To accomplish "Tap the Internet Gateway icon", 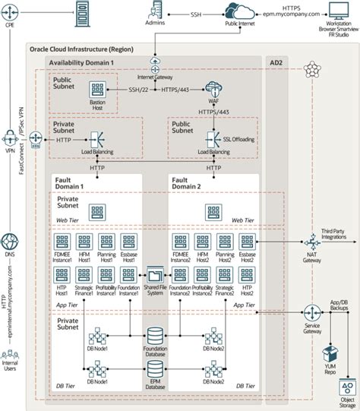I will pyautogui.click(x=155, y=63).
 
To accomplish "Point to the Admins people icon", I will pyautogui.click(x=155, y=11).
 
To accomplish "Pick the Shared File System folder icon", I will pyautogui.click(x=156, y=274).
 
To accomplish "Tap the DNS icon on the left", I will pyautogui.click(x=11, y=242).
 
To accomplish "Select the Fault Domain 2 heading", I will pyautogui.click(x=187, y=182).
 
